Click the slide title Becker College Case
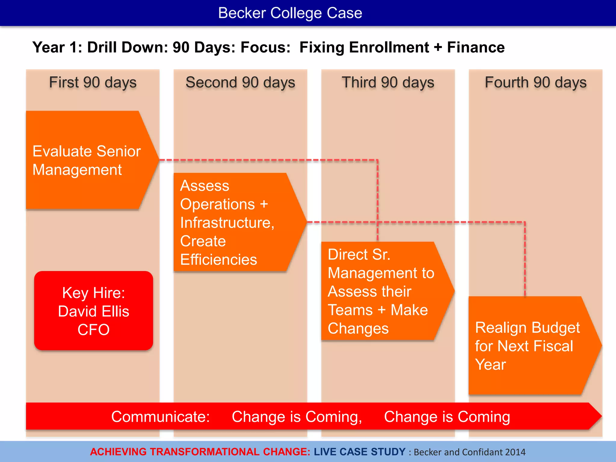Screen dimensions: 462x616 point(290,13)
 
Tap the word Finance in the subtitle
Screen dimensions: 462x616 point(476,48)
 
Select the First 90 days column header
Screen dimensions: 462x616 point(93,82)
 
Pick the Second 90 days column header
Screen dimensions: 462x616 point(240,82)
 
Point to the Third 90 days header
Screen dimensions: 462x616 point(388,82)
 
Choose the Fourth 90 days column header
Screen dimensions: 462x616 point(536,82)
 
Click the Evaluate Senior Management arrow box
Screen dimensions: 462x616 point(87,160)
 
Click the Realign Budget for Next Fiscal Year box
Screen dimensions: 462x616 point(526,346)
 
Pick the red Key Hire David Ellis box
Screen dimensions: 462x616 point(94,310)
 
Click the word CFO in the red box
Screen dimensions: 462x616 point(94,330)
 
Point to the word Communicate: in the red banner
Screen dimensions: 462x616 point(160,417)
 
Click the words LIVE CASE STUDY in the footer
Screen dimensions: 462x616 point(360,452)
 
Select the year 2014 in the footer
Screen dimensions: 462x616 point(515,452)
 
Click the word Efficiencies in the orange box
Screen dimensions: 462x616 point(219,260)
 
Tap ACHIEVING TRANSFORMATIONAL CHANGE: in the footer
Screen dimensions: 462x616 point(200,452)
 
